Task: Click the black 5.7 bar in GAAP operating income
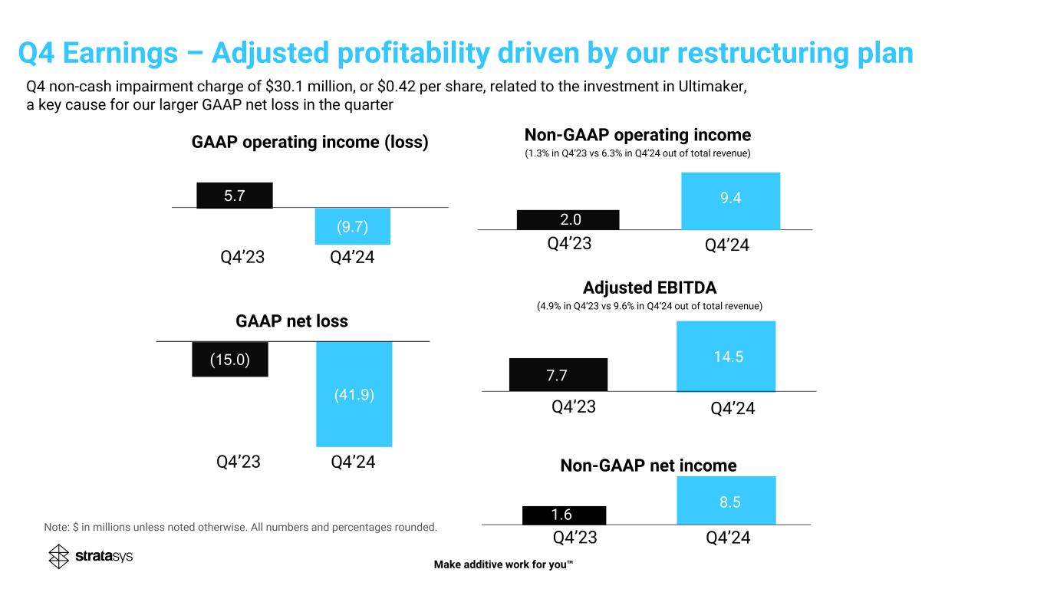235,195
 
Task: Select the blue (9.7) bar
353,226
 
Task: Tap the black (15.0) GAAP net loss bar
230,359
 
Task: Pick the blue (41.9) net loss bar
354,394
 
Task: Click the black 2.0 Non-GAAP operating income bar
568,220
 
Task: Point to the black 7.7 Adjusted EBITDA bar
558,375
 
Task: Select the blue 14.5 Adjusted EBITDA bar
726,356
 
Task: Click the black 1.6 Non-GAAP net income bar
564,515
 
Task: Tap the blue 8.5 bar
726,501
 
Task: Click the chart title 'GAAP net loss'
291,321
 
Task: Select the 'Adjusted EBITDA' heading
649,288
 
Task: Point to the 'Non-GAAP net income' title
648,466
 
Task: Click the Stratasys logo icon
59,557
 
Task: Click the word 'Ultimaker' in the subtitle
716,87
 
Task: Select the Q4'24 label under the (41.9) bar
353,462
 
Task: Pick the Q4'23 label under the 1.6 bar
575,538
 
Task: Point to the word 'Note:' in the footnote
58,527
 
